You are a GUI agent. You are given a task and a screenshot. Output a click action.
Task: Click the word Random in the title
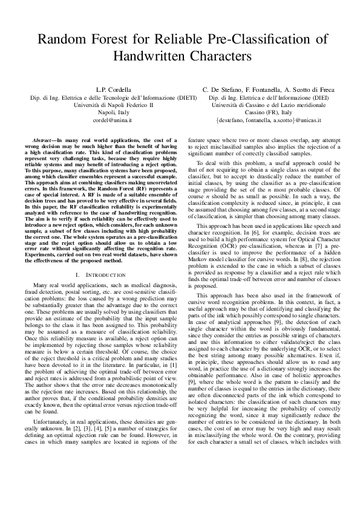(x=61, y=40)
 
